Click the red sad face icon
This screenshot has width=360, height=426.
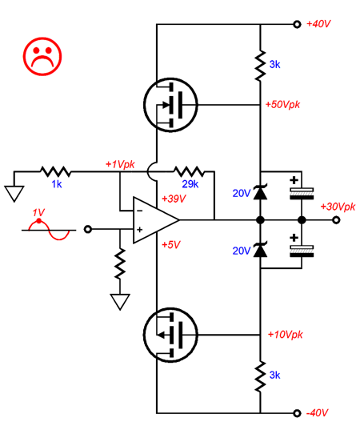tap(42, 57)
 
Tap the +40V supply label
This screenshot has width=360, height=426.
tap(318, 24)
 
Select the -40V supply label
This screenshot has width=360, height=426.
tap(317, 413)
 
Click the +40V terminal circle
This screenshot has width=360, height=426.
tap(298, 25)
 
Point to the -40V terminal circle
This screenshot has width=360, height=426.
tap(298, 413)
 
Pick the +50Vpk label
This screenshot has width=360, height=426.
tap(282, 105)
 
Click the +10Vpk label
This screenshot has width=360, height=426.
tap(285, 335)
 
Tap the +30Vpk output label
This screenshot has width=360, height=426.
tap(338, 207)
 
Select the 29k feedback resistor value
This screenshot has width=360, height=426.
tap(190, 184)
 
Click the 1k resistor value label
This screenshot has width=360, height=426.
tap(57, 184)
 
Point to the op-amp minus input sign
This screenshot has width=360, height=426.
tap(140, 211)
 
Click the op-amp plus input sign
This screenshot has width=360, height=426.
tap(139, 230)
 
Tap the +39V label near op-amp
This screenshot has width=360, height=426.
tap(174, 199)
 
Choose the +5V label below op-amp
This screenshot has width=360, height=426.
tap(170, 245)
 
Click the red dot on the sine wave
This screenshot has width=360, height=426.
tap(39, 221)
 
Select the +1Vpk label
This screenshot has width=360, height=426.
tap(120, 164)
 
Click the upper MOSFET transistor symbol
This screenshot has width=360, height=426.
tap(170, 105)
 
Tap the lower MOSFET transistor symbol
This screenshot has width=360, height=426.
tap(170, 335)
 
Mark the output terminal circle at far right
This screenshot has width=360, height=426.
tap(336, 220)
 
